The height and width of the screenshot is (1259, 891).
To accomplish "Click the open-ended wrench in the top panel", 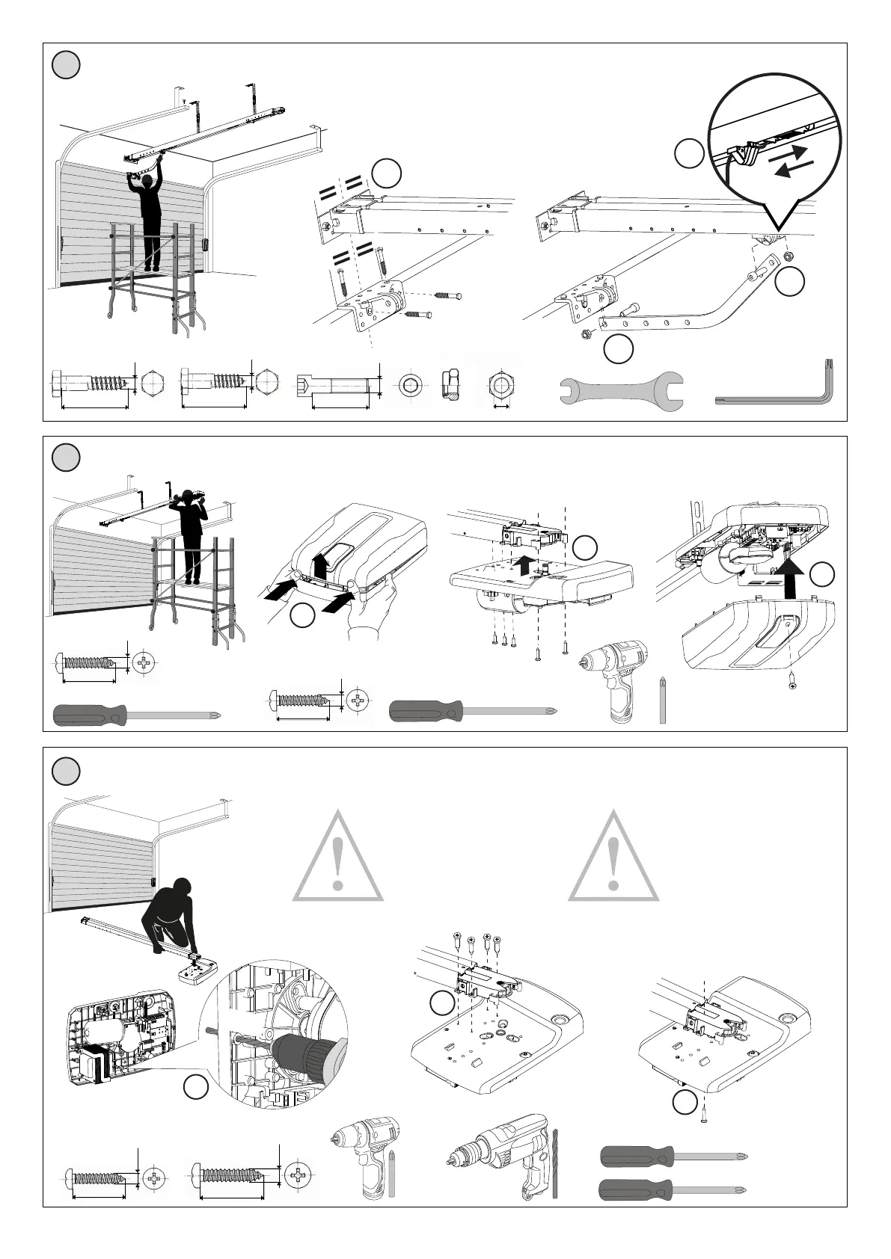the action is pos(621,390).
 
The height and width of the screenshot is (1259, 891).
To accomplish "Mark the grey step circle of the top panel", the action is pos(66,65).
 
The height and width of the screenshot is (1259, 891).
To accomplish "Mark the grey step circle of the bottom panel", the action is pos(66,770).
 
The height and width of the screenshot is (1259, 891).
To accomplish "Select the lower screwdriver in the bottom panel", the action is pos(673,1189).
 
